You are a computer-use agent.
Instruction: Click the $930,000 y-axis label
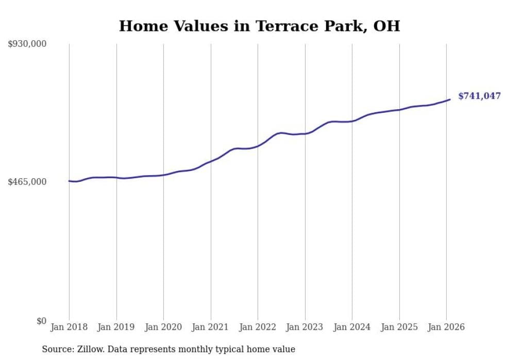27,44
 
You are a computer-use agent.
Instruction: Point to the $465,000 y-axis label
27,182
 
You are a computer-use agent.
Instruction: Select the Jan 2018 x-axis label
69,327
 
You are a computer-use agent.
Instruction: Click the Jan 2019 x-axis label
116,327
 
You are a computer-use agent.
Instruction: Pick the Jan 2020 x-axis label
163,327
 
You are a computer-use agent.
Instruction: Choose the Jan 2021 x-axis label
211,327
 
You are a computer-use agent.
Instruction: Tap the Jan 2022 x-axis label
258,327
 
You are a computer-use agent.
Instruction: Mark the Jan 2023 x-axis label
305,327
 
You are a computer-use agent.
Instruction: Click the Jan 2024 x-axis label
352,327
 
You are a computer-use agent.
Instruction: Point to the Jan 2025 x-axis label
399,327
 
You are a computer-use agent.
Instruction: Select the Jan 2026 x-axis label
446,327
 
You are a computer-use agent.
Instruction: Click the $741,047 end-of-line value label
479,96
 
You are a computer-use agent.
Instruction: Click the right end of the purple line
450,99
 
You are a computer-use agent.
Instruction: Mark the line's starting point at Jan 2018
69,181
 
